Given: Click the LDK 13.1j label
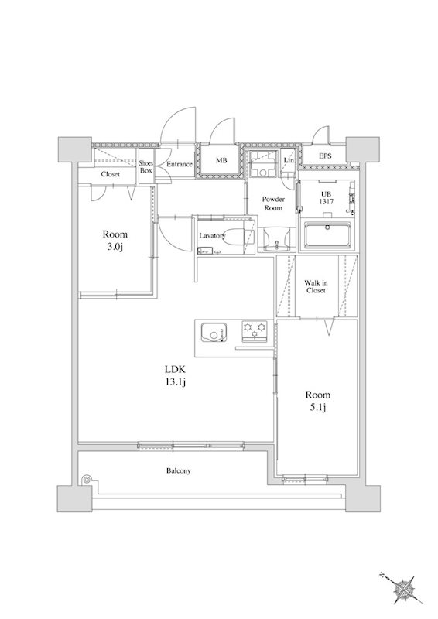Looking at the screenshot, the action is tap(176, 375).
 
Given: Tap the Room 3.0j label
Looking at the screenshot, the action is tap(115, 241).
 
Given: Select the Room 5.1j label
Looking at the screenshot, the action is tap(318, 401).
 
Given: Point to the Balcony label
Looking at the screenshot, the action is tap(179, 471).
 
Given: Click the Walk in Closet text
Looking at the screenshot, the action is tap(316, 286).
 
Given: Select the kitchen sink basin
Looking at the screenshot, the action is tap(214, 333).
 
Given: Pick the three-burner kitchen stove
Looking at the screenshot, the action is tap(255, 331).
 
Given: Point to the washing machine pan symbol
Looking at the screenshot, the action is tap(262, 164).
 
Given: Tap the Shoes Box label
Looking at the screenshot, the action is tap(145, 167).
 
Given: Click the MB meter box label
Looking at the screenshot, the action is tap(221, 161).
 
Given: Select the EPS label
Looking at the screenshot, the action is tap(325, 156).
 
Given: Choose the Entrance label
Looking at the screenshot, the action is tap(180, 164).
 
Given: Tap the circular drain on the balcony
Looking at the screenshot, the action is tap(87, 480).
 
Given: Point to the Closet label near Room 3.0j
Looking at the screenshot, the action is tap(110, 174).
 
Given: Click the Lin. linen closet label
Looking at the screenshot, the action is tap(288, 160).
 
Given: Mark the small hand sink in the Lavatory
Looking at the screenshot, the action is tap(205, 251).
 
